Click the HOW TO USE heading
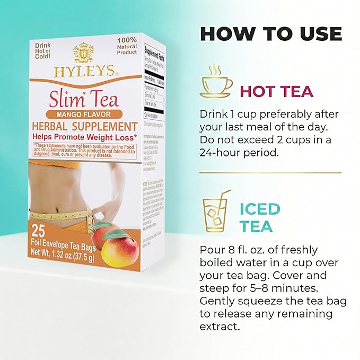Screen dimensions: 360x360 pos(270,33)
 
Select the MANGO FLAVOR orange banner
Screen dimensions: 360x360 pos(83,113)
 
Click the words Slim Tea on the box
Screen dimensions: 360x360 pos(84,98)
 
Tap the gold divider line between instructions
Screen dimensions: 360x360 pos(270,173)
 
